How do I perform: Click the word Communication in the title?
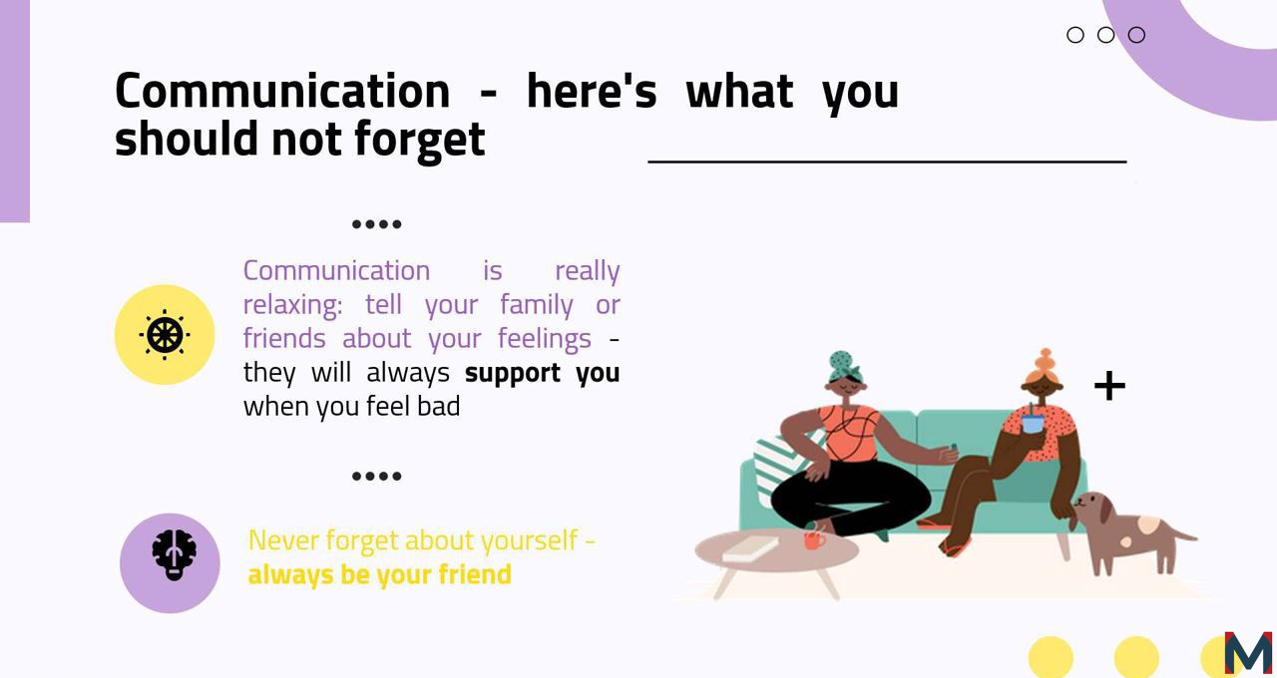pos(282,91)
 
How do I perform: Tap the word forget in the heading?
pos(420,140)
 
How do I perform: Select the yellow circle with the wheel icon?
pos(165,335)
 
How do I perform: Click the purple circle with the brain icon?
pos(170,563)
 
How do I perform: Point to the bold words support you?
pos(542,373)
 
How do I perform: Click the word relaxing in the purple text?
pos(293,305)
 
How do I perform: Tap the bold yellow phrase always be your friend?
pos(380,574)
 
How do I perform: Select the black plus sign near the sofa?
pos(1110,386)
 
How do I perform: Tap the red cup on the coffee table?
pos(815,539)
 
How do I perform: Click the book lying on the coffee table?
pos(750,548)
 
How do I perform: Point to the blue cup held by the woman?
pos(1033,425)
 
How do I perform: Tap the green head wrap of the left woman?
pos(844,366)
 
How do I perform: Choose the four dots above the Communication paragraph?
pos(377,224)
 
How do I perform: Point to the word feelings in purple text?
pos(545,339)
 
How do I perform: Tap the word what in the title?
pos(739,91)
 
